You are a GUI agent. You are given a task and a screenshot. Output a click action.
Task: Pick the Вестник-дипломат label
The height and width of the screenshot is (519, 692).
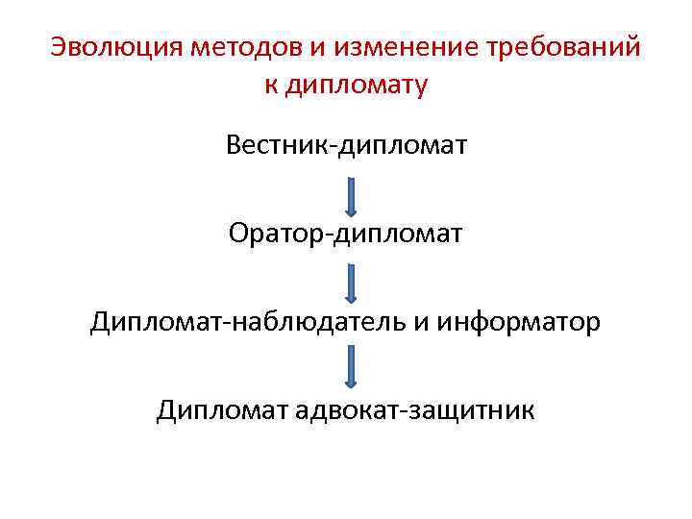click(x=346, y=146)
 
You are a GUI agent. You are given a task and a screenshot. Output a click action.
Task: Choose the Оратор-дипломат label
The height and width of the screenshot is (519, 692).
click(x=346, y=234)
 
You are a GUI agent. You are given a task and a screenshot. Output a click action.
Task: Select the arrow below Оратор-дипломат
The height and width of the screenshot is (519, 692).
click(x=352, y=283)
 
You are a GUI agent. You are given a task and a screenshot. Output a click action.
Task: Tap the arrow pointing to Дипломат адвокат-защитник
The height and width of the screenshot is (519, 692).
click(x=352, y=367)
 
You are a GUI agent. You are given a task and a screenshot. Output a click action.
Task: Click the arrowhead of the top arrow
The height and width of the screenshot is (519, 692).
click(x=352, y=210)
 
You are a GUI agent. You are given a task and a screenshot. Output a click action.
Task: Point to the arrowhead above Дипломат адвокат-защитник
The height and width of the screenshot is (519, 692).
click(x=352, y=383)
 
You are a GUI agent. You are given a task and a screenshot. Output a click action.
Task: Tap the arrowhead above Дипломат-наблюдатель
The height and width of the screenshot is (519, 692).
click(x=352, y=298)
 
